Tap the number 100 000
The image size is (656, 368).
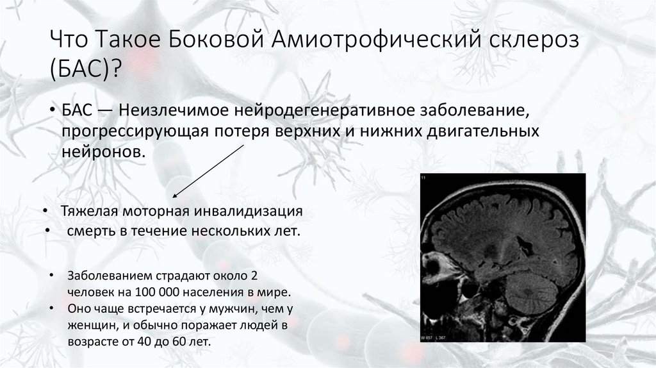(154, 292)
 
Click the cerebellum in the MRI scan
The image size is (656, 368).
(530, 293)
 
